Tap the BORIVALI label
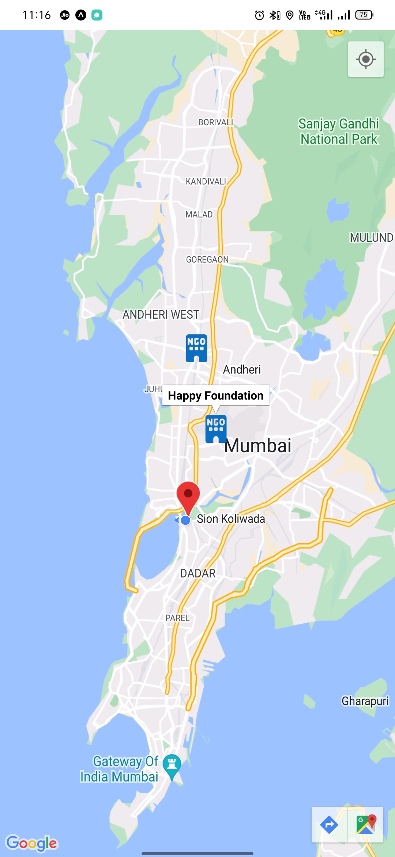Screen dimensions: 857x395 tap(215, 122)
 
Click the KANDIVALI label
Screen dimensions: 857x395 tap(206, 182)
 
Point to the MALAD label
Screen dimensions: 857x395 tap(199, 215)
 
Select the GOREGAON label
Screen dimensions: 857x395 tap(207, 260)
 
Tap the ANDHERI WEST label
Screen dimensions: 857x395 tap(161, 315)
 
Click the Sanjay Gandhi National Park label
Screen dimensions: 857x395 tap(339, 131)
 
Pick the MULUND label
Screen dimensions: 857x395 tap(371, 238)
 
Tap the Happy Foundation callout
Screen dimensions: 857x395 tap(216, 396)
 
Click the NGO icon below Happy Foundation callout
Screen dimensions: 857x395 tap(216, 428)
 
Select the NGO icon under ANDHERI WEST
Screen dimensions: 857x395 tap(196, 348)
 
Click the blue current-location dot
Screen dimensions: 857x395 tap(186, 520)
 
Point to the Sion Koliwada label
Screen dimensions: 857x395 tap(231, 519)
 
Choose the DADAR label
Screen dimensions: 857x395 tap(198, 574)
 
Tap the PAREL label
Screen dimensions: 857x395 tap(177, 618)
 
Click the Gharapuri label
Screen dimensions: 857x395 tap(365, 701)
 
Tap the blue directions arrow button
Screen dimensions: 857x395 tap(329, 825)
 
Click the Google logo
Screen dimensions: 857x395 tap(32, 843)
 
